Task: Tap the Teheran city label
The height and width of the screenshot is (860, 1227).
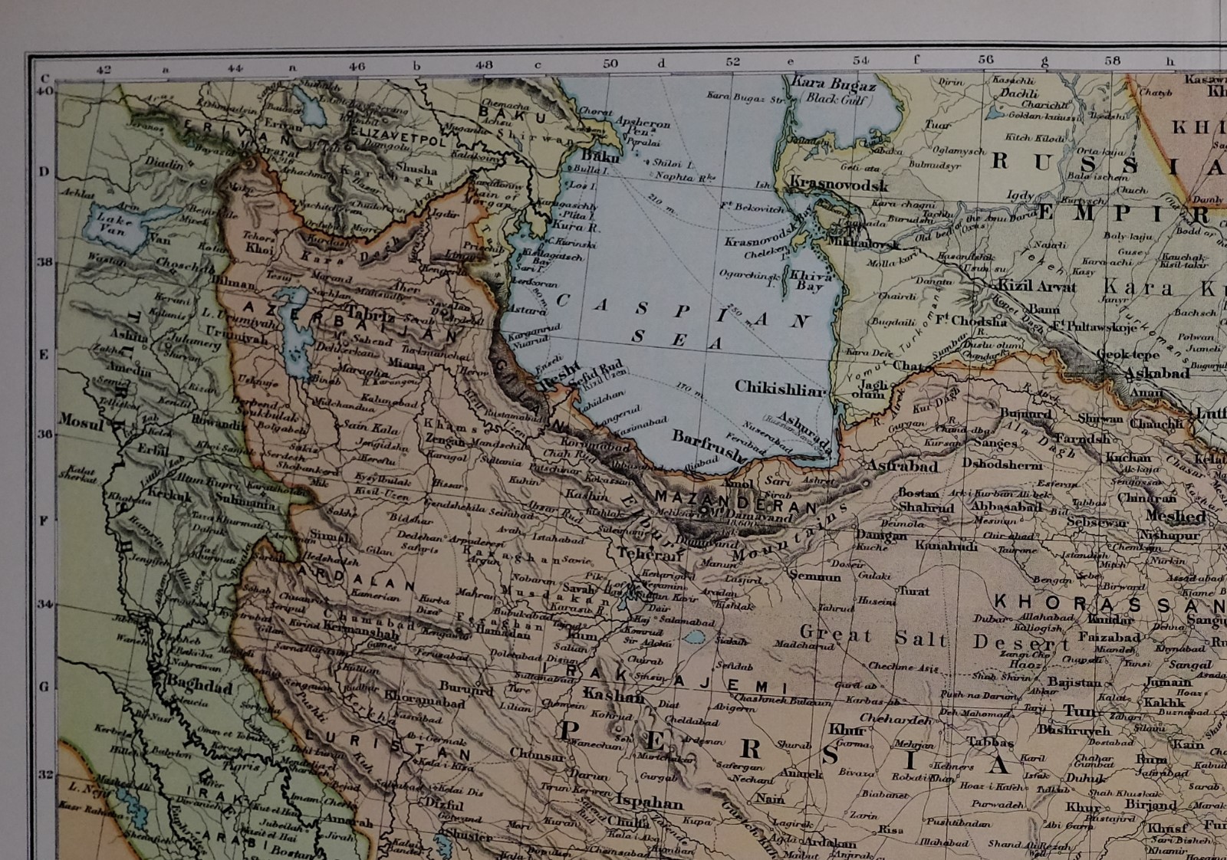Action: coord(649,554)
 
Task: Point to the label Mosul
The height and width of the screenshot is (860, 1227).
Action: coord(81,421)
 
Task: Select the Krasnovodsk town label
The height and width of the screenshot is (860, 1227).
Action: coord(839,185)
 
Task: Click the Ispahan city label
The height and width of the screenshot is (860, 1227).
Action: coord(648,803)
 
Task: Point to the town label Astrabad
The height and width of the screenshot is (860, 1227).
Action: coord(903,465)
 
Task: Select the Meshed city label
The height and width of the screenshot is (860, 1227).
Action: coord(1176,517)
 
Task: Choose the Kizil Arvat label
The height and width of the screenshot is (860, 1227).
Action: coord(1037,287)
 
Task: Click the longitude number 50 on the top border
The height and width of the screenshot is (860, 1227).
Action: coord(610,64)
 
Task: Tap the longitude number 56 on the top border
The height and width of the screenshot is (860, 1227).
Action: coord(985,59)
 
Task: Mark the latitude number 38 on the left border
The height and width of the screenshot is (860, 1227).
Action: coord(44,262)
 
